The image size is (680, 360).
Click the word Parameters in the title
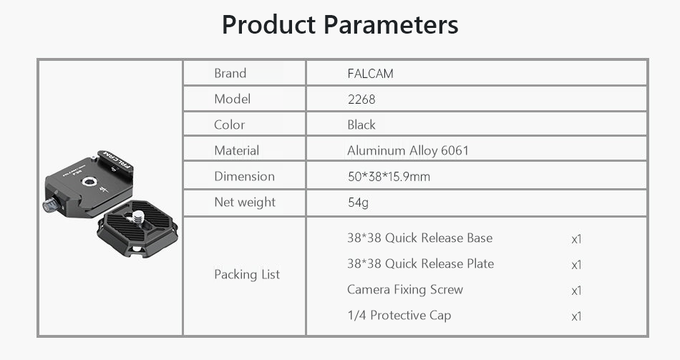391,25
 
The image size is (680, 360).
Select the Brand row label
230,73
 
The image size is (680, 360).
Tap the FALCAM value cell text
370,73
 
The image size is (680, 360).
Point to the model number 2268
361,99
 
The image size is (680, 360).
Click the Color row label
230,125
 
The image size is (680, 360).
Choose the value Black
361,125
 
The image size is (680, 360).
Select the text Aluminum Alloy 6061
408,150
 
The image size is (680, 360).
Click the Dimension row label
245,176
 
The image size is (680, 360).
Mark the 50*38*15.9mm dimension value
389,177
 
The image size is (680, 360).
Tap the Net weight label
245,202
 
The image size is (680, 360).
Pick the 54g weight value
358,203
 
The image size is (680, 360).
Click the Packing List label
247,274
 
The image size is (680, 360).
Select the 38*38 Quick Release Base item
419,238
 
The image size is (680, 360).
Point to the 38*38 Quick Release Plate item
421,263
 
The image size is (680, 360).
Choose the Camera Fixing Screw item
405,289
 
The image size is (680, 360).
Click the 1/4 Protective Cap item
399,315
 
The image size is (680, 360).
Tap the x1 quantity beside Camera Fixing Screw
576,291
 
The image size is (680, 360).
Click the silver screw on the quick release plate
138,216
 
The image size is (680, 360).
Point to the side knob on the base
50,204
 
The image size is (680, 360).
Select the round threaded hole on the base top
89,182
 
